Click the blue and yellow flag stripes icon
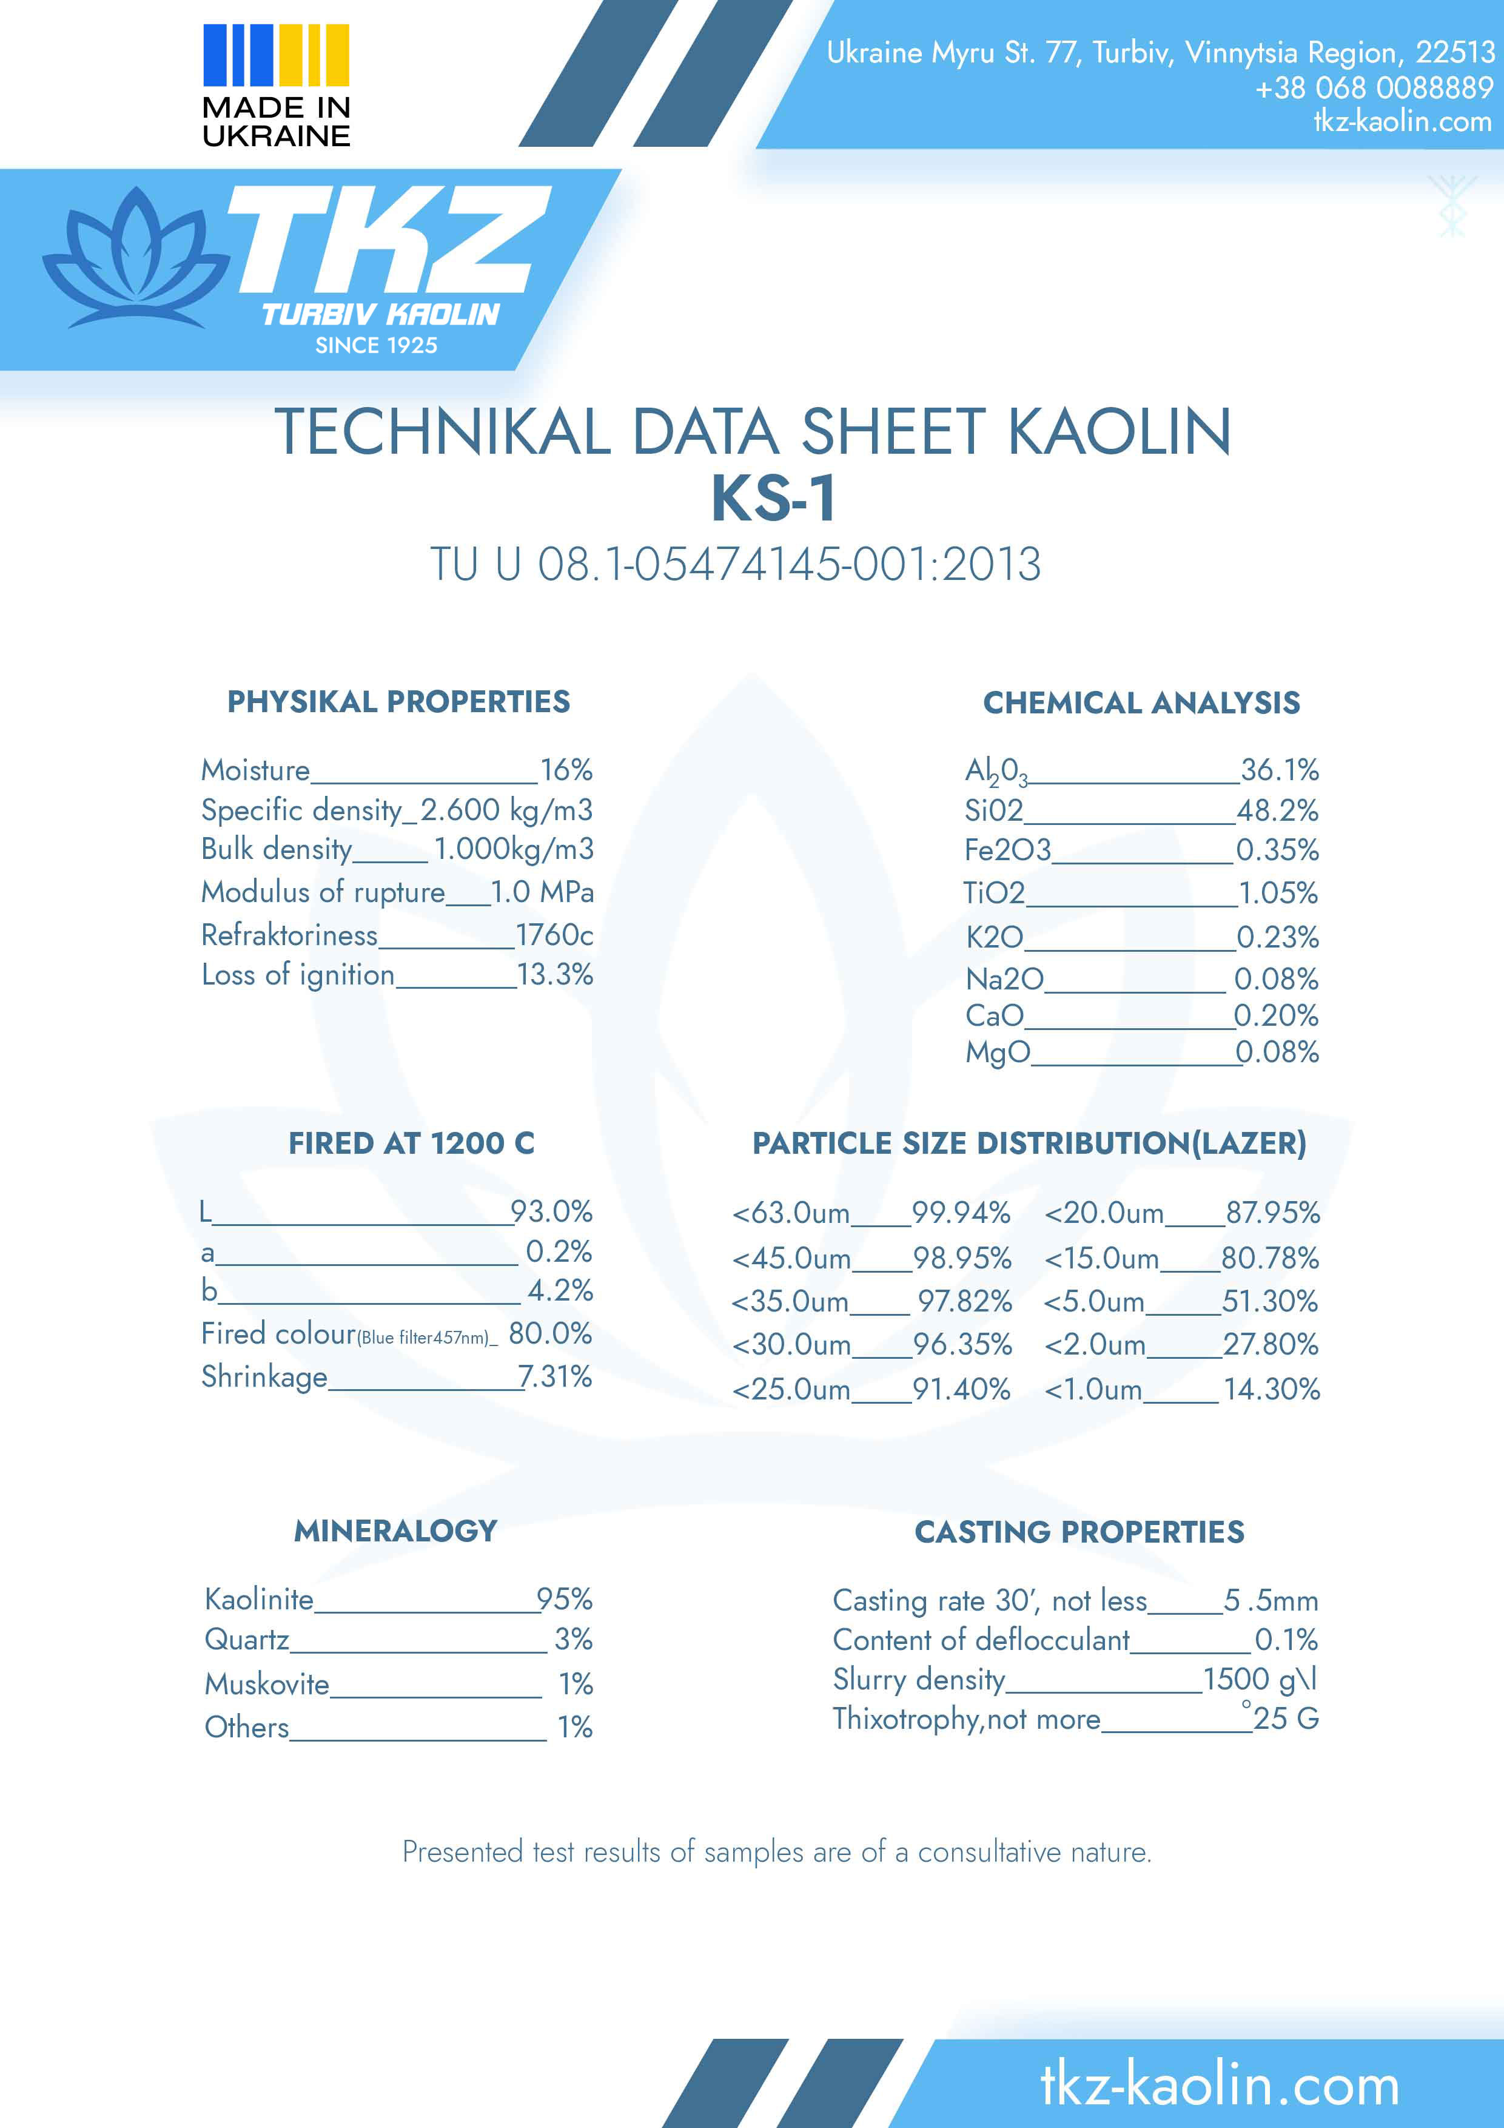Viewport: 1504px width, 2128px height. [275, 55]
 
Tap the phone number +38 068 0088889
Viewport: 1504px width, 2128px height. [1374, 88]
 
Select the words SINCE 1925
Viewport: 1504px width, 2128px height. [376, 346]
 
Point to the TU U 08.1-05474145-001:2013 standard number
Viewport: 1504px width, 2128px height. [735, 564]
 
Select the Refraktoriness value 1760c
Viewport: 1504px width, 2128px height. [554, 934]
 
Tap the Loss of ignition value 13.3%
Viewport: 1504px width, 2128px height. [554, 974]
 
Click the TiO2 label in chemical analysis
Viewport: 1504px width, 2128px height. [993, 892]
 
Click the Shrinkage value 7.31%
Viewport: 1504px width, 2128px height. [554, 1376]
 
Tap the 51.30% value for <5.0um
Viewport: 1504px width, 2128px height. [1269, 1301]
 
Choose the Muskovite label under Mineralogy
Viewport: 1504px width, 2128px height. [267, 1684]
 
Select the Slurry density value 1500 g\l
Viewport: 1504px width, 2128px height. [1260, 1680]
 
